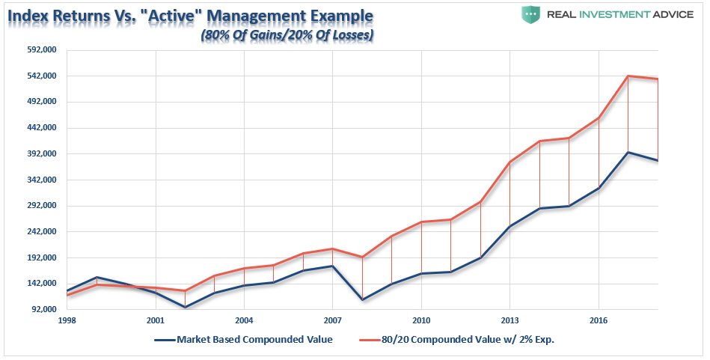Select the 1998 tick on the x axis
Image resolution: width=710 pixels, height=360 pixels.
tap(67, 319)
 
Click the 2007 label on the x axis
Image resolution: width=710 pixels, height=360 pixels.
tap(332, 319)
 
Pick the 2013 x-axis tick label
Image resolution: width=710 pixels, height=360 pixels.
tap(509, 319)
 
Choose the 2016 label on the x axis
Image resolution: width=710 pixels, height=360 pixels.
tap(598, 319)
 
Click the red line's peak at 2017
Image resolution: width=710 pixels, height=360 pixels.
tap(628, 76)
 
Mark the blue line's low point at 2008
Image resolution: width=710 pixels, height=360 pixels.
tap(362, 300)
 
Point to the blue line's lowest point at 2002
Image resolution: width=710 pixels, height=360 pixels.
tap(185, 307)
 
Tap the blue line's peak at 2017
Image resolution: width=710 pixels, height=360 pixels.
tap(628, 152)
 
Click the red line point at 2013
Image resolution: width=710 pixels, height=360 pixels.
tap(509, 162)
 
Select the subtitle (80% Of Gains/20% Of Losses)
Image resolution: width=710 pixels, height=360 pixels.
tap(287, 34)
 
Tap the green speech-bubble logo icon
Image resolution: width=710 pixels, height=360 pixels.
tap(531, 13)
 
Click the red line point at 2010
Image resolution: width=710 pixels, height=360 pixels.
tap(421, 222)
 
